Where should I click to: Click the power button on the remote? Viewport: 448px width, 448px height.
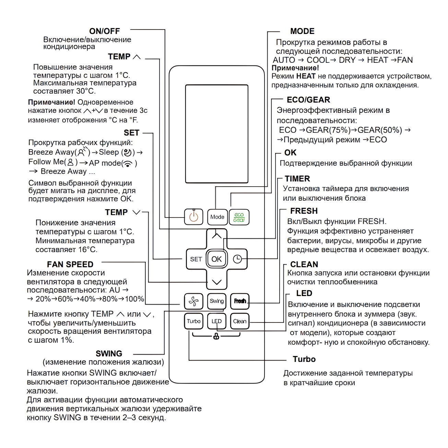pos(194,217)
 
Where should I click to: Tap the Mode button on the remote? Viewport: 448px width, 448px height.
pos(217,217)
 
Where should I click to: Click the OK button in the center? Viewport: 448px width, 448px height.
pos(216,259)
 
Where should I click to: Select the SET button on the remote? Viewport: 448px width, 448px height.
pos(196,259)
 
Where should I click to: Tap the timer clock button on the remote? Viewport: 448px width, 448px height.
pos(237,259)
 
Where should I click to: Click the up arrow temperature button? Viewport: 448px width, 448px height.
pos(216,236)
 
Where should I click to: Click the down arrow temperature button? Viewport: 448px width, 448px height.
pos(216,282)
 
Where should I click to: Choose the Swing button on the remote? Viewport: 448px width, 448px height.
pos(217,301)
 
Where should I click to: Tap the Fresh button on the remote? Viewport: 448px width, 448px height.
pos(240,301)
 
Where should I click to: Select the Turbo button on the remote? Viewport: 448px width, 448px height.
pos(193,321)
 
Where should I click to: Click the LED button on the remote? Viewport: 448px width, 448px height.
pos(217,321)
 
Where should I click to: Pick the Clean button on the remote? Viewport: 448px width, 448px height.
pos(240,321)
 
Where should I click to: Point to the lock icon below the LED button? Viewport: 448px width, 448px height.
pos(216,337)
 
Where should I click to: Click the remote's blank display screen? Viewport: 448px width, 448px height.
pos(216,134)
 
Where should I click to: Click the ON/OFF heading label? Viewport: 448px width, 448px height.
pos(104,31)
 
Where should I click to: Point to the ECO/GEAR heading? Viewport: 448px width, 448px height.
pos(308,100)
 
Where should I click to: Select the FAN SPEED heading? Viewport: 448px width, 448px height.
pos(70,264)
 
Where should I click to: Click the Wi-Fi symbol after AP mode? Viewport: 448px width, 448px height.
pos(128,164)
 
